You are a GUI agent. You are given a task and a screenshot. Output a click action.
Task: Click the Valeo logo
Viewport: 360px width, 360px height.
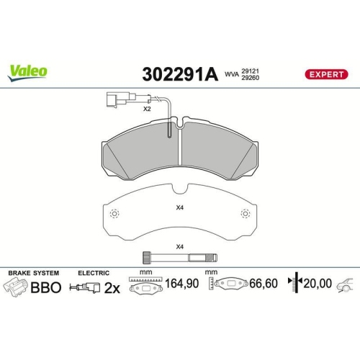[28, 71]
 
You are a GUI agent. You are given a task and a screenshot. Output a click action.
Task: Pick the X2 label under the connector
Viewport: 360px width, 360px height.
[146, 109]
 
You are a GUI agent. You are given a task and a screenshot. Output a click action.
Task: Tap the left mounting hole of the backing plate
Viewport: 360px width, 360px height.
[114, 213]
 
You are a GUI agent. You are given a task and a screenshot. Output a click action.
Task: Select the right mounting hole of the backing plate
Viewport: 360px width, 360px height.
[246, 213]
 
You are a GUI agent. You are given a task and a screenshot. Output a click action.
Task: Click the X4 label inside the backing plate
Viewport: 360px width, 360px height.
[180, 210]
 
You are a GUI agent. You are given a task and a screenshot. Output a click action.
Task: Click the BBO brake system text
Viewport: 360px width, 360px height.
[45, 286]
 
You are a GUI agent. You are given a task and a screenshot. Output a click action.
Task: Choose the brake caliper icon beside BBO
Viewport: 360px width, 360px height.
[17, 286]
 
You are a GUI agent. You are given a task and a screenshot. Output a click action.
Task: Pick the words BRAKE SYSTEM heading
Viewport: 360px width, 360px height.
[33, 273]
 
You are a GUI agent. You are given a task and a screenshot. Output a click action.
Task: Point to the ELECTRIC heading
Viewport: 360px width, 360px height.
[94, 273]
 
